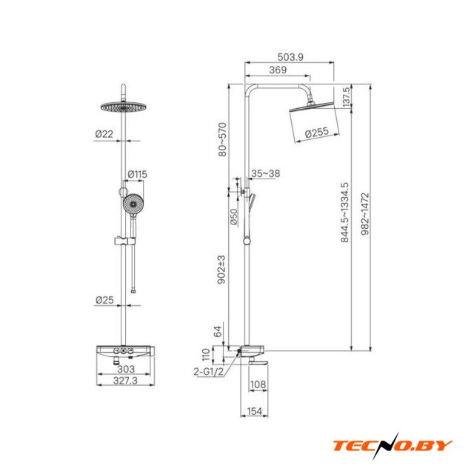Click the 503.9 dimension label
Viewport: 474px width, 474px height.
290,57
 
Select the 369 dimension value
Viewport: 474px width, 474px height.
278,70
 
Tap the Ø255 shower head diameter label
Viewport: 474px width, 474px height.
316,133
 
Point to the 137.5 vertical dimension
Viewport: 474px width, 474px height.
347,97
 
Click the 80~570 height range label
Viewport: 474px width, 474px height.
222,139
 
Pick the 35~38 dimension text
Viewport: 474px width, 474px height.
265,173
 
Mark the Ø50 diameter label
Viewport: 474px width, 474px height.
234,217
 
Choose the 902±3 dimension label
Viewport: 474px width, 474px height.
221,270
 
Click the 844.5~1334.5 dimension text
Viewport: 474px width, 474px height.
344,213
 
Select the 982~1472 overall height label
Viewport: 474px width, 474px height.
365,214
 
